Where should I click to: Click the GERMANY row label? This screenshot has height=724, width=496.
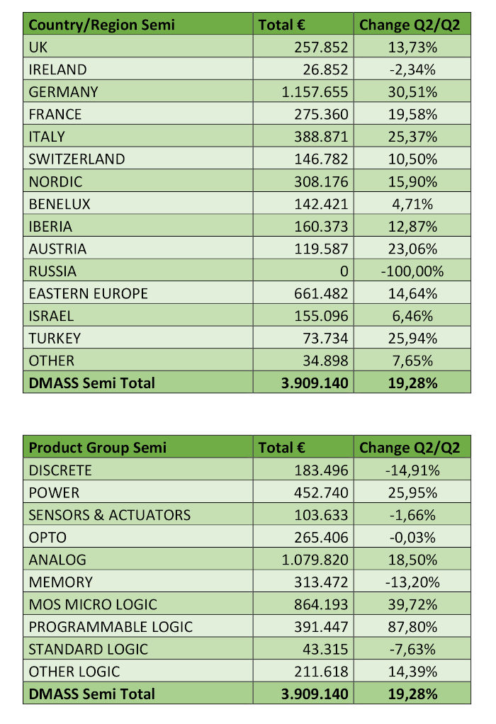63,92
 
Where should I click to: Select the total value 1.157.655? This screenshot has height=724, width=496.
315,92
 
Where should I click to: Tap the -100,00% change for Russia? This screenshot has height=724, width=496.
412,271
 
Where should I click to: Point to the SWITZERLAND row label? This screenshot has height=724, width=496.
77,159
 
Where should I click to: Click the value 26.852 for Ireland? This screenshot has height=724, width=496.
325,69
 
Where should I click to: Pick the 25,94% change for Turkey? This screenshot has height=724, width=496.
412,339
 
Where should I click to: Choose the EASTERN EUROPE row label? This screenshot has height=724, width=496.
88,294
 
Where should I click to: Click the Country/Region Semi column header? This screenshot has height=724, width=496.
101,25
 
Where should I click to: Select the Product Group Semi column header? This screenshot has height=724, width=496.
98,448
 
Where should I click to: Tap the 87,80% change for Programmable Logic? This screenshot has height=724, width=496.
412,626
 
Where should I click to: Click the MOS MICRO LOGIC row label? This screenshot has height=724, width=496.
93,604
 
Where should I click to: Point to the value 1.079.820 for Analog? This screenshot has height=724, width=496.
315,560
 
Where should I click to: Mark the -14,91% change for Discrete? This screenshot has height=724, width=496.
412,470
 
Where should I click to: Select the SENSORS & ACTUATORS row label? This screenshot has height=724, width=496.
109,515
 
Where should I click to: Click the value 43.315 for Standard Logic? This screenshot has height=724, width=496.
325,649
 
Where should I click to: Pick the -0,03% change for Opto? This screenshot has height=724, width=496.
412,538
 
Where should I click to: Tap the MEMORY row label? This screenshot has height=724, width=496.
60,582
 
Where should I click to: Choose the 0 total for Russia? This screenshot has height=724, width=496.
344,271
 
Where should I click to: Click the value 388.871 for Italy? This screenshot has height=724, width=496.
321,137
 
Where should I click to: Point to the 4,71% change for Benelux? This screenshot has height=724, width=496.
412,204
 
